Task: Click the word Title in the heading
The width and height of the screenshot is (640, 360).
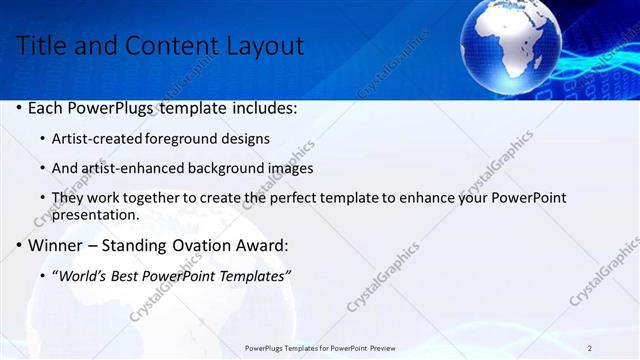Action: [41, 45]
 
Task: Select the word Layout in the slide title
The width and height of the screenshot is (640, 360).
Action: [263, 45]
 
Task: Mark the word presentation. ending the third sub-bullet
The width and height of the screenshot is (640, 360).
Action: [95, 214]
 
